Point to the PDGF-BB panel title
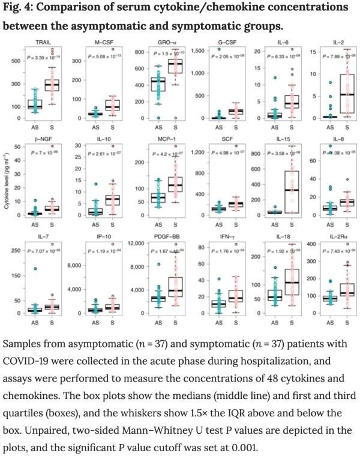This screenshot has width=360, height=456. click(x=159, y=238)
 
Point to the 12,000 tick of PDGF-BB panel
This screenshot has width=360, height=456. click(x=131, y=243)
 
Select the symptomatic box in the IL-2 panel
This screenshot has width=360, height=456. click(x=342, y=94)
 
